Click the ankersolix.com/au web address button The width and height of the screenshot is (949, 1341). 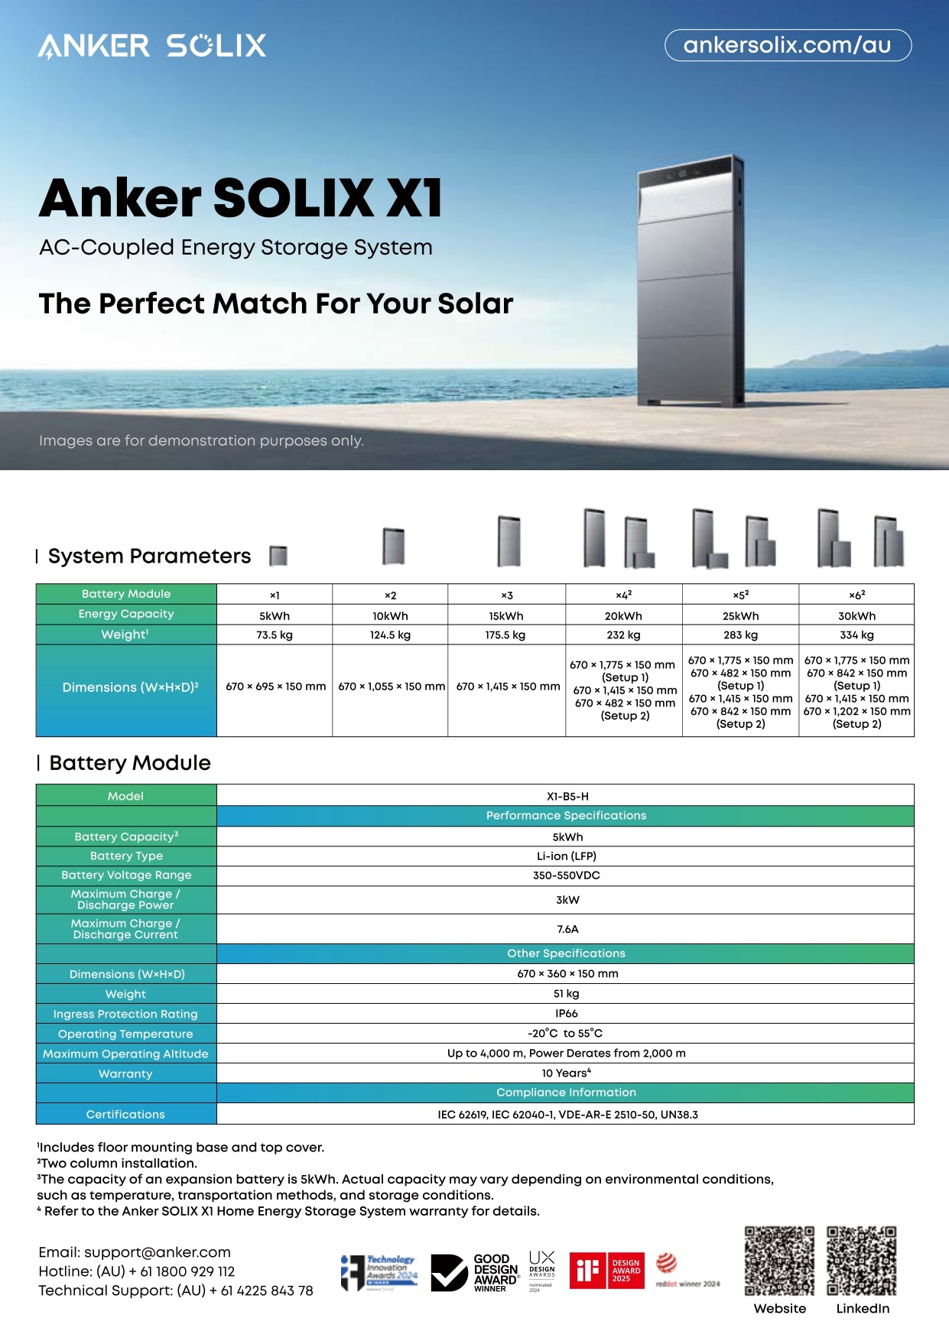788,45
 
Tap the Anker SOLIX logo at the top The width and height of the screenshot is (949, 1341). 152,46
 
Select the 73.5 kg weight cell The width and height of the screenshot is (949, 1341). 275,635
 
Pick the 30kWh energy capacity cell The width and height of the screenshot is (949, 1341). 856,615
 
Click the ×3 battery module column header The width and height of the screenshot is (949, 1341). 506,595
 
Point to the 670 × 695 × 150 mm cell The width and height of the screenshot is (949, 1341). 275,687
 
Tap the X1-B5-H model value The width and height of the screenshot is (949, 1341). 566,796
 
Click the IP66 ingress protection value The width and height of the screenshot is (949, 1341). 566,1013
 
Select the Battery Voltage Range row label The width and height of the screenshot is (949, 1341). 126,875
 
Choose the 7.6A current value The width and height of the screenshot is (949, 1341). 566,929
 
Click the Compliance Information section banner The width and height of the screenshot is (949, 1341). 566,1093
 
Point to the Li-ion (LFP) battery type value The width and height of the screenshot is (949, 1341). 566,856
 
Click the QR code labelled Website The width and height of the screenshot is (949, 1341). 779,1261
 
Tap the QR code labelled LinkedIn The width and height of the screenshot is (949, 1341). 861,1261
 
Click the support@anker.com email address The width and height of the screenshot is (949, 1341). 157,1252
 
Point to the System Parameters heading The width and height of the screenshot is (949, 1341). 149,556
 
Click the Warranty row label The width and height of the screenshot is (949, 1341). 125,1073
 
